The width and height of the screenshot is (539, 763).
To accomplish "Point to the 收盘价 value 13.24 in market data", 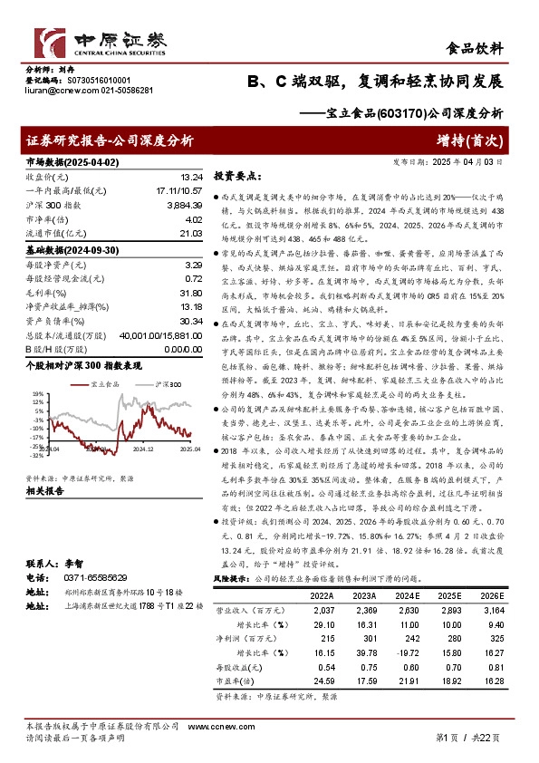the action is pos(190,178).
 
